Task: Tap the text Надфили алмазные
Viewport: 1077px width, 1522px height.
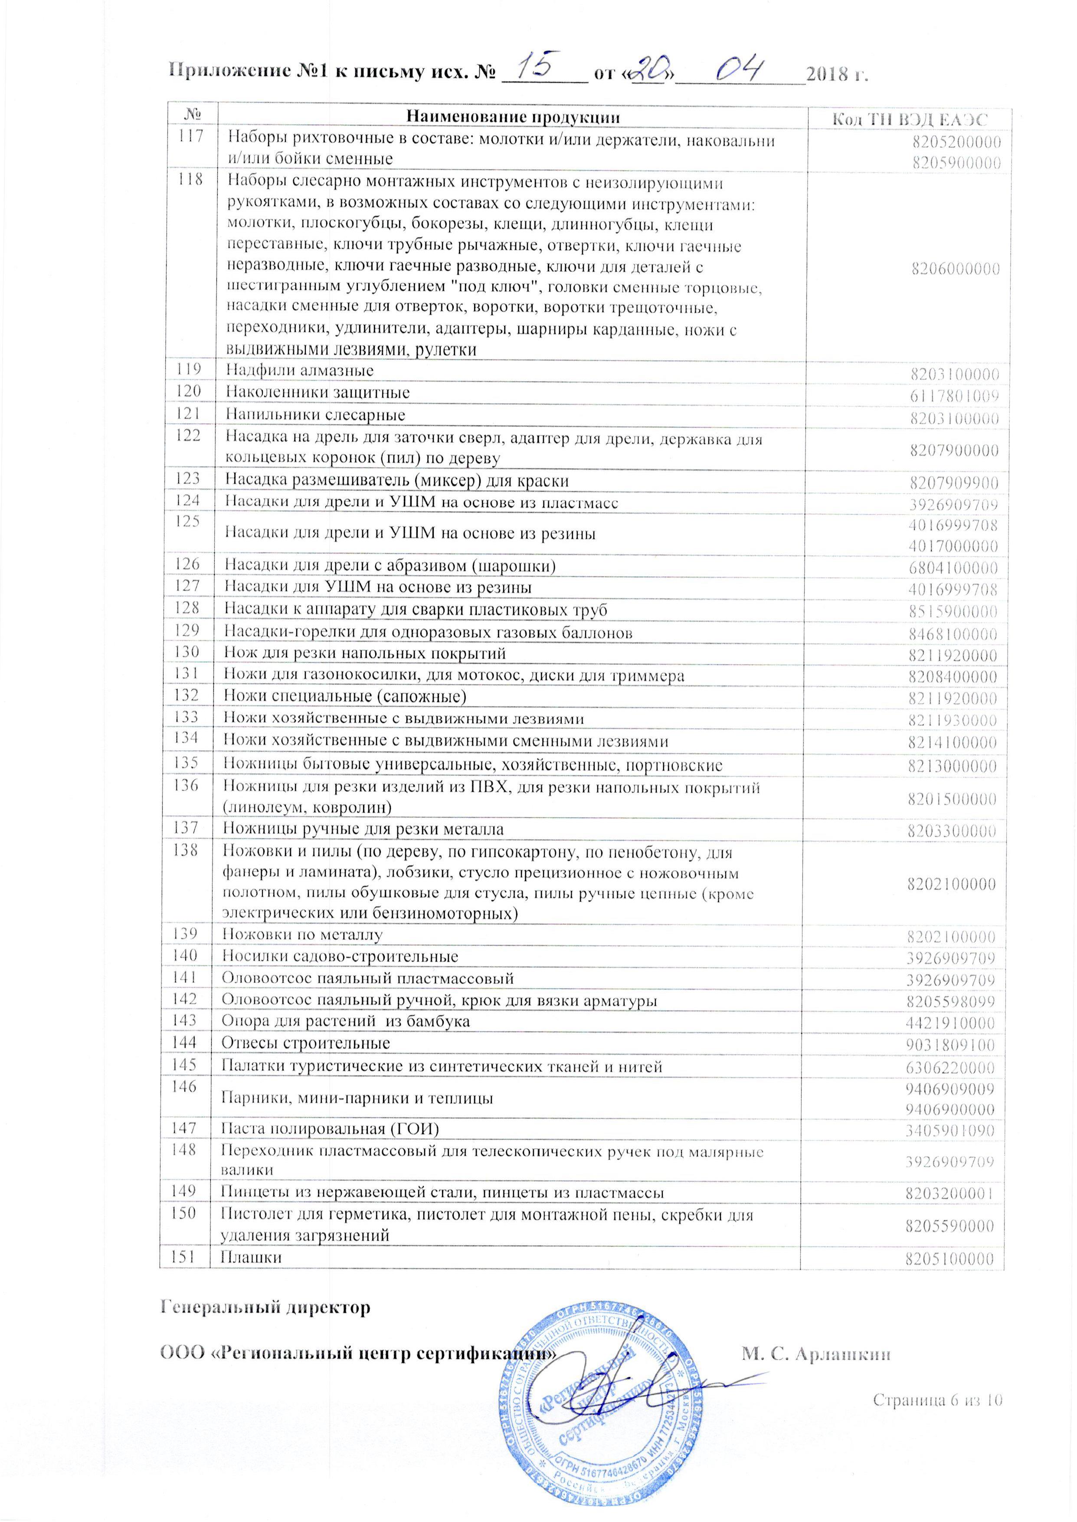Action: point(300,370)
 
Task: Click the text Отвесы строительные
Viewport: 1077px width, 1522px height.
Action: point(306,1043)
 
